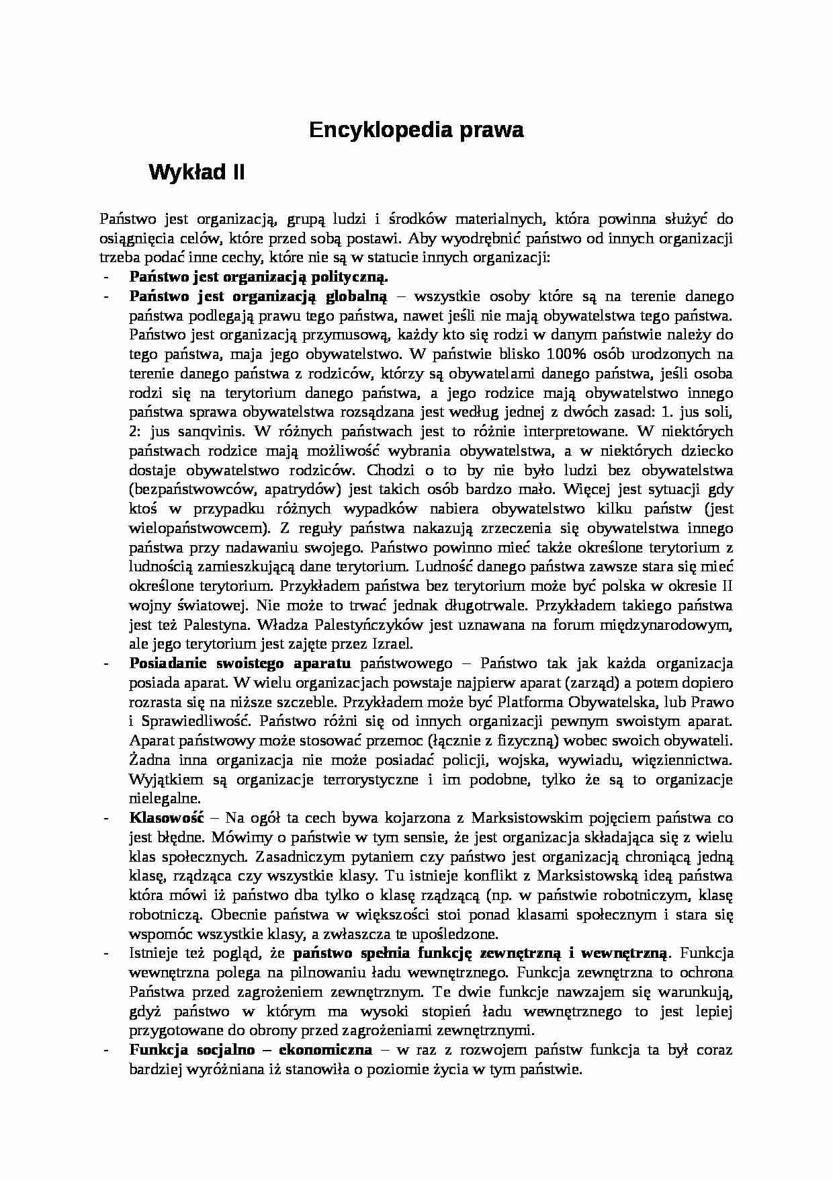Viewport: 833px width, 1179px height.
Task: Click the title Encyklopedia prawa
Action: click(416, 130)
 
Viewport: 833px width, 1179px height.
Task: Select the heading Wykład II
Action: click(196, 173)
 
